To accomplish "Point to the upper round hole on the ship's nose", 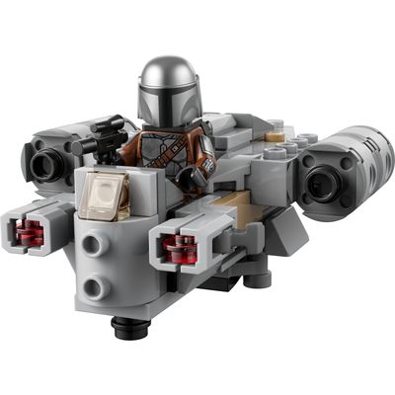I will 95,246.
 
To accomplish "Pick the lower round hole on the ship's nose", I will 94,288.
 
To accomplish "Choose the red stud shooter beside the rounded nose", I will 178,247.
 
